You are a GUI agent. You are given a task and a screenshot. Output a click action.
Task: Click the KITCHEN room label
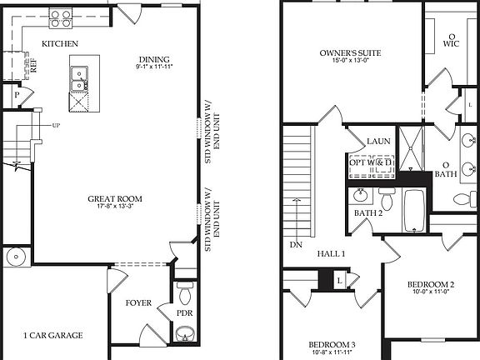pos(60,43)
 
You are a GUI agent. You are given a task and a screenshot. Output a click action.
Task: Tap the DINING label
pos(153,59)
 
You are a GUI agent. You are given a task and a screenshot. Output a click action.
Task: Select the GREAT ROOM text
pos(116,198)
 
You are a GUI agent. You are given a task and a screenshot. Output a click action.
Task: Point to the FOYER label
pos(137,302)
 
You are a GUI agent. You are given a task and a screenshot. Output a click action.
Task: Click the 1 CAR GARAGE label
pos(52,335)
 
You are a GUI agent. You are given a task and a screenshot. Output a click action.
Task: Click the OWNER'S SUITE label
pos(351,53)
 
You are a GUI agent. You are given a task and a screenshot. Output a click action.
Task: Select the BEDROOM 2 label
pos(431,284)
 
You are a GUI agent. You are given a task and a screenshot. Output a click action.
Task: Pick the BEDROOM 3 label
pos(332,344)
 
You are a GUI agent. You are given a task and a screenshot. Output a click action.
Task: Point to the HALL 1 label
pos(331,252)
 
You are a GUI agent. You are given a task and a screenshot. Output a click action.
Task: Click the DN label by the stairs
pos(296,245)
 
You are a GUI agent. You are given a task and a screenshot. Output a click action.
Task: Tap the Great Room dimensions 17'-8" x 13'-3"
pos(116,207)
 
